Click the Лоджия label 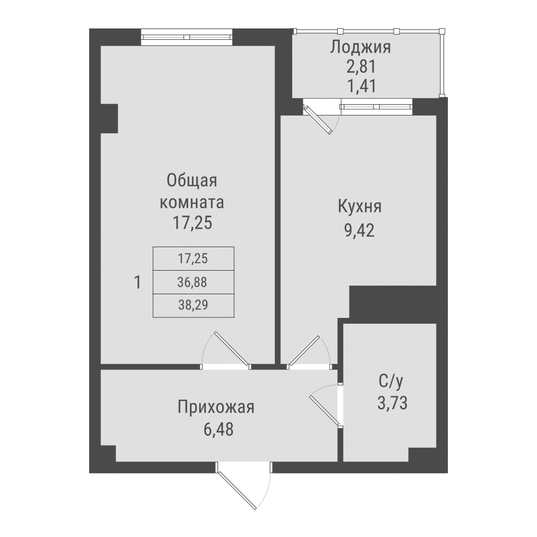coord(360,47)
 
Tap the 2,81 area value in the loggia coord(360,67)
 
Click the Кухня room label coord(360,207)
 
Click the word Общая coord(192,181)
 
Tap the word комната coord(192,203)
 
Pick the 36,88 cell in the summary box coord(193,282)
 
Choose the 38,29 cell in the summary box coord(193,306)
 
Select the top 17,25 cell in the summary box coord(193,258)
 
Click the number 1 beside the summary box coord(138,282)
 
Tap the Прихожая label coord(215,407)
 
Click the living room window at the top coord(187,38)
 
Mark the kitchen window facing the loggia coord(376,107)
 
